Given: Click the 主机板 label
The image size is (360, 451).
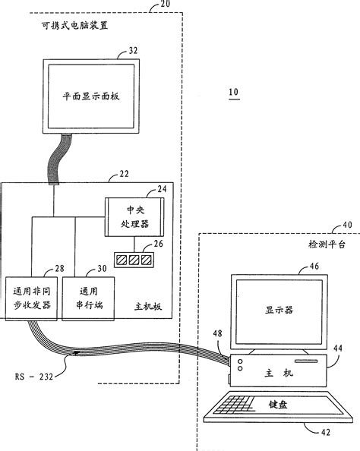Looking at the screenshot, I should tap(148, 307).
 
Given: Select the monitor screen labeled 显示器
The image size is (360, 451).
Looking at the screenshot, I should tap(279, 310).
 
